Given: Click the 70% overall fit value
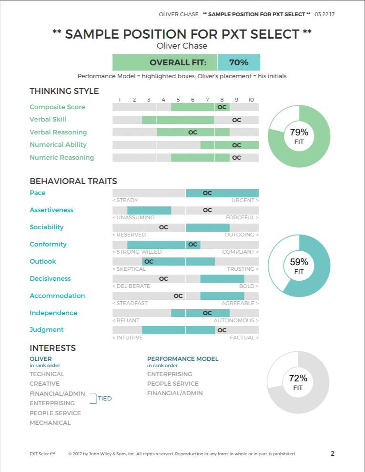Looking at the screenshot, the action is (x=239, y=62).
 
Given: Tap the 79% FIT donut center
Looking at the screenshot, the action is (x=299, y=136).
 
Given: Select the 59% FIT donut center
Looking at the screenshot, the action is (x=299, y=266).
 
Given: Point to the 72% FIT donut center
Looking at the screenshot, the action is (x=298, y=382).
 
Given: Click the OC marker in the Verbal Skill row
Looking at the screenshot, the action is (x=236, y=120).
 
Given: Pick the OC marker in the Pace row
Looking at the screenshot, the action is (x=207, y=193).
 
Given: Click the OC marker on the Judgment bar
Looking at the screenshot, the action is (x=222, y=330).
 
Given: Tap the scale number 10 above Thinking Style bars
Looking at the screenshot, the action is (x=251, y=100).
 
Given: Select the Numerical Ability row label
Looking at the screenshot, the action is (x=58, y=145).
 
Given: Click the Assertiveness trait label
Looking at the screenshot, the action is (x=51, y=210).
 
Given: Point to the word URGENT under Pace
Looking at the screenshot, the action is (x=243, y=200).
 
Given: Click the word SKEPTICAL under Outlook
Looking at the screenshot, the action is (x=131, y=269).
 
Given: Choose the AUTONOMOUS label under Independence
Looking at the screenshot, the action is (x=234, y=320).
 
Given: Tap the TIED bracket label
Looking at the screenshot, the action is (x=105, y=398).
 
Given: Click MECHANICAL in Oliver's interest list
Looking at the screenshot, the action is (x=50, y=422).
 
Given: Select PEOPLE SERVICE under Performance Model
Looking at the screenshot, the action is (x=172, y=383).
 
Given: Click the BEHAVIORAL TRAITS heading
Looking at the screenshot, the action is (x=73, y=181).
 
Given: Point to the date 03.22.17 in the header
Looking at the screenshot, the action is (x=324, y=14).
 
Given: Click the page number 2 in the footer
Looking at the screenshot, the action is (x=333, y=453).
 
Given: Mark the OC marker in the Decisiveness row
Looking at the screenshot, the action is (x=163, y=279).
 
